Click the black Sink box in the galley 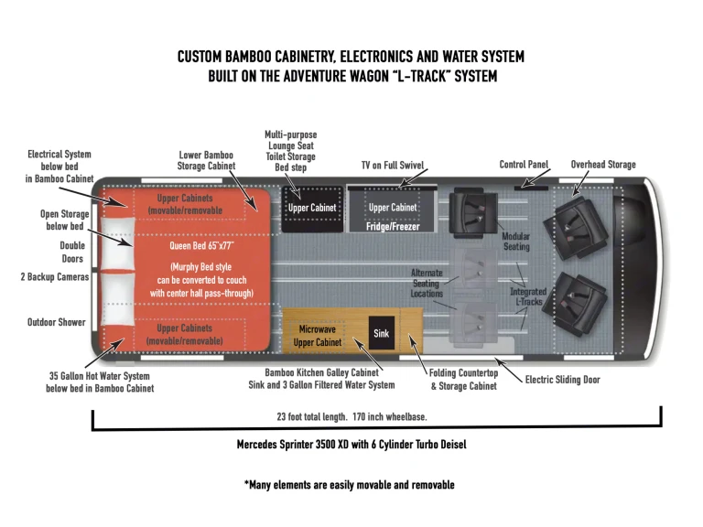click(x=382, y=334)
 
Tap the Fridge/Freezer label click(x=393, y=223)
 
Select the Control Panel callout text click(x=524, y=165)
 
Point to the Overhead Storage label click(x=603, y=165)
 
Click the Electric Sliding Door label click(x=561, y=379)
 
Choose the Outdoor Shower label click(x=57, y=323)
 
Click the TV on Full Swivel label click(x=393, y=165)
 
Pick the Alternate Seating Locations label click(x=427, y=283)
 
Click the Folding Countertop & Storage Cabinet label click(x=463, y=380)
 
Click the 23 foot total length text click(x=352, y=416)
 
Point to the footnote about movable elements click(x=349, y=484)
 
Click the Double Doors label click(x=72, y=253)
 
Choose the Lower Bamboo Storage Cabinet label click(x=206, y=160)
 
